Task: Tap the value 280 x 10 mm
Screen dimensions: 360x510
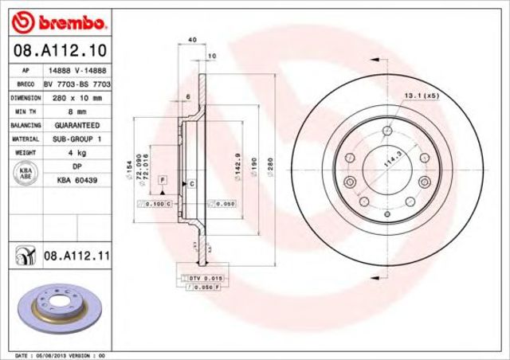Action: pyautogui.click(x=77, y=97)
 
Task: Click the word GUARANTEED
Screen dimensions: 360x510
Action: pyautogui.click(x=77, y=125)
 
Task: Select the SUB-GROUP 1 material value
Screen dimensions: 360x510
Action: pyautogui.click(x=77, y=139)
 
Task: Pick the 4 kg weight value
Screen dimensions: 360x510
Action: pyautogui.click(x=77, y=152)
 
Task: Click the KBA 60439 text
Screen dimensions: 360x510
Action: pyautogui.click(x=77, y=181)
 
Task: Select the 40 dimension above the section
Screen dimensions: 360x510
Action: pyautogui.click(x=192, y=40)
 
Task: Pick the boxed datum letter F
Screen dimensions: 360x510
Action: pyautogui.click(x=162, y=182)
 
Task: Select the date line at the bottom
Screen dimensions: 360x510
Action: pyautogui.click(x=61, y=354)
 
